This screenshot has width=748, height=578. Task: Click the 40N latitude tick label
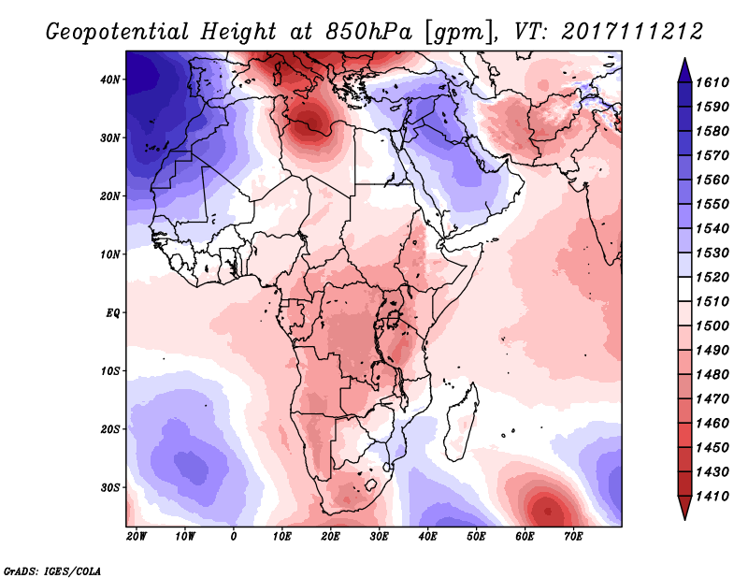coord(111,79)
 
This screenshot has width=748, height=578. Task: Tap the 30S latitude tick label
coord(111,487)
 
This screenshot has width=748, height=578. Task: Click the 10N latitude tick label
coord(111,254)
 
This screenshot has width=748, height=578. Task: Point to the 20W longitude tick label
coord(137,537)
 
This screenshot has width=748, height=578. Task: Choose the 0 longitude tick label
coord(233,537)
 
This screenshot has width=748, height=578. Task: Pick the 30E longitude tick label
coord(379,537)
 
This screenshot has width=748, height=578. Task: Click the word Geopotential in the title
coord(110,33)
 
